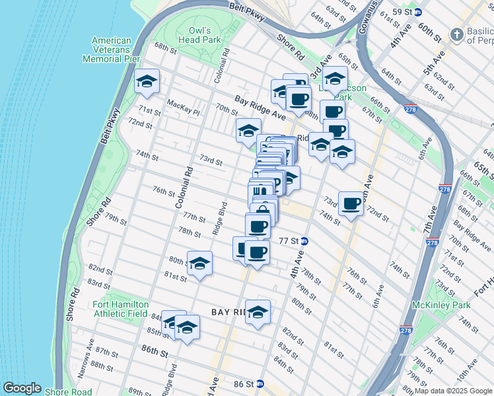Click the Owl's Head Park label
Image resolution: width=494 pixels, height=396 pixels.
click(x=199, y=35)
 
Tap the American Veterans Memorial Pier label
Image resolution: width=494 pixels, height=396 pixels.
click(x=112, y=49)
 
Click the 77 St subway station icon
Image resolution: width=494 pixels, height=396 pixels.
click(x=304, y=241)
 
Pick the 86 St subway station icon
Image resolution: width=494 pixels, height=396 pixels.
click(x=260, y=383)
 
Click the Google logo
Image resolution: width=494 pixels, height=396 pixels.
click(x=21, y=388)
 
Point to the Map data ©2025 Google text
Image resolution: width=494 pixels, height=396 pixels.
click(x=452, y=391)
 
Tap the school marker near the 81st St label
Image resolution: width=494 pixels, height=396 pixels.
click(x=199, y=264)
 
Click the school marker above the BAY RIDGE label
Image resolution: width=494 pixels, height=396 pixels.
click(x=258, y=313)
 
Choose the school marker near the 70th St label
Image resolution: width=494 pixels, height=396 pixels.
click(x=248, y=131)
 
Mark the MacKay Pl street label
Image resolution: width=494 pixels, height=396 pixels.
click(x=183, y=104)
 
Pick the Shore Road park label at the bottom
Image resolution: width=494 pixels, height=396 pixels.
click(x=68, y=391)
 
